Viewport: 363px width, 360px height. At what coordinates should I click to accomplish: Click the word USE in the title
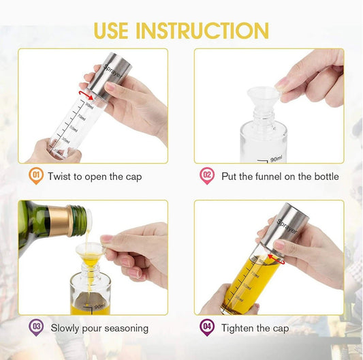(112, 31)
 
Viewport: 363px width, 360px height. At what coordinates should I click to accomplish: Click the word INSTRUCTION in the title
(203, 31)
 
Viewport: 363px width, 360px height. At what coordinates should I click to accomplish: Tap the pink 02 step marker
(206, 177)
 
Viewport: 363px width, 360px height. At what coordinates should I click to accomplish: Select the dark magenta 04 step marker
(206, 327)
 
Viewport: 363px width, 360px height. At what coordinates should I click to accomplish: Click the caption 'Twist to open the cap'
(95, 177)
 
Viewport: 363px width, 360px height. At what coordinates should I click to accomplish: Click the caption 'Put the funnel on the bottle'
(280, 177)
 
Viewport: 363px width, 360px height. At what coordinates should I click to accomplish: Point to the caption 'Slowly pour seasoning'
(98, 328)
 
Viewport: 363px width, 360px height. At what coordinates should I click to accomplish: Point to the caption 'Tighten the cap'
(255, 328)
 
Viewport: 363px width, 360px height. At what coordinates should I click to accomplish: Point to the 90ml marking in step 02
(276, 157)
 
